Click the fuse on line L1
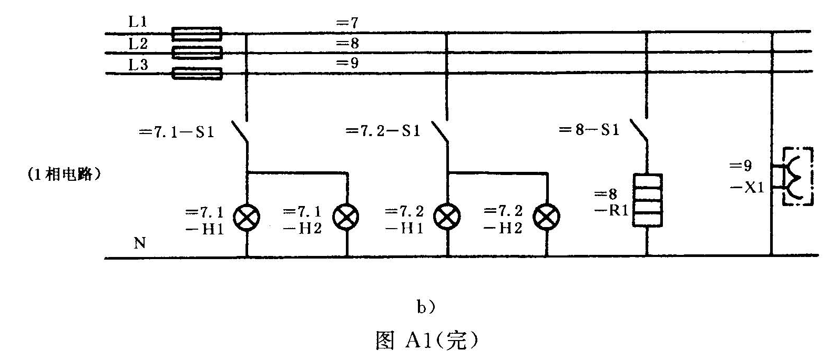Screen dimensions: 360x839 click(197, 34)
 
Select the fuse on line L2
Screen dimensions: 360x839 click(197, 53)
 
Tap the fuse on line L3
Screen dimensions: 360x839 click(197, 73)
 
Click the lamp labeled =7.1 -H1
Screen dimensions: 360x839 click(246, 217)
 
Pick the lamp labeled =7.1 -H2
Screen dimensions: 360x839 click(346, 217)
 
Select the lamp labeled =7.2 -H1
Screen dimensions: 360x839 click(447, 217)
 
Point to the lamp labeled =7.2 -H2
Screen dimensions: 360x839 click(547, 217)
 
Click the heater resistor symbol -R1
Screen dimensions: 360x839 click(647, 200)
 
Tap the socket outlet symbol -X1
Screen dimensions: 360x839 click(796, 176)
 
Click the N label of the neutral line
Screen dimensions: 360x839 click(140, 243)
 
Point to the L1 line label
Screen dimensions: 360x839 click(138, 22)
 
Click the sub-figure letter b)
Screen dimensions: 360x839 click(426, 307)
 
